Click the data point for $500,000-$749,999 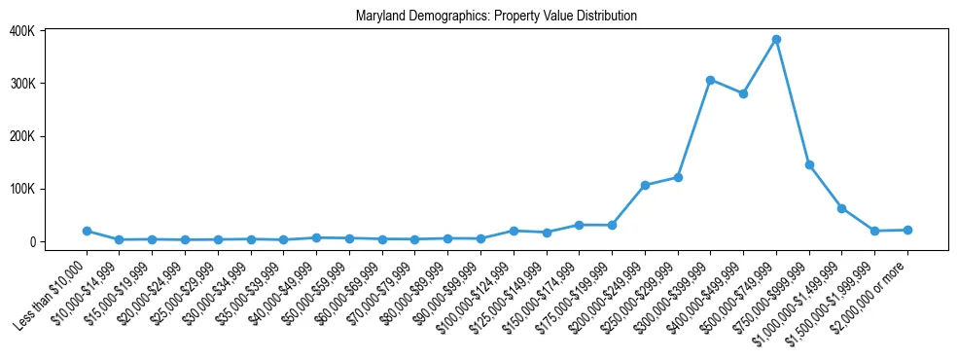coord(776,40)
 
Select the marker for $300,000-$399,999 coord(711,80)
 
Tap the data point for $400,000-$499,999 coord(743,93)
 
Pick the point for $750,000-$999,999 coord(809,165)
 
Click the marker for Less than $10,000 coord(87,231)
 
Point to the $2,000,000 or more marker coord(907,230)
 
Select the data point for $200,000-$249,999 coord(645,185)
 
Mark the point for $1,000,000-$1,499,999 coord(842,208)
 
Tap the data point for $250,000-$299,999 coord(678,177)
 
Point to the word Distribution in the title coord(607,17)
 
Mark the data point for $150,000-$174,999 coord(580,225)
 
